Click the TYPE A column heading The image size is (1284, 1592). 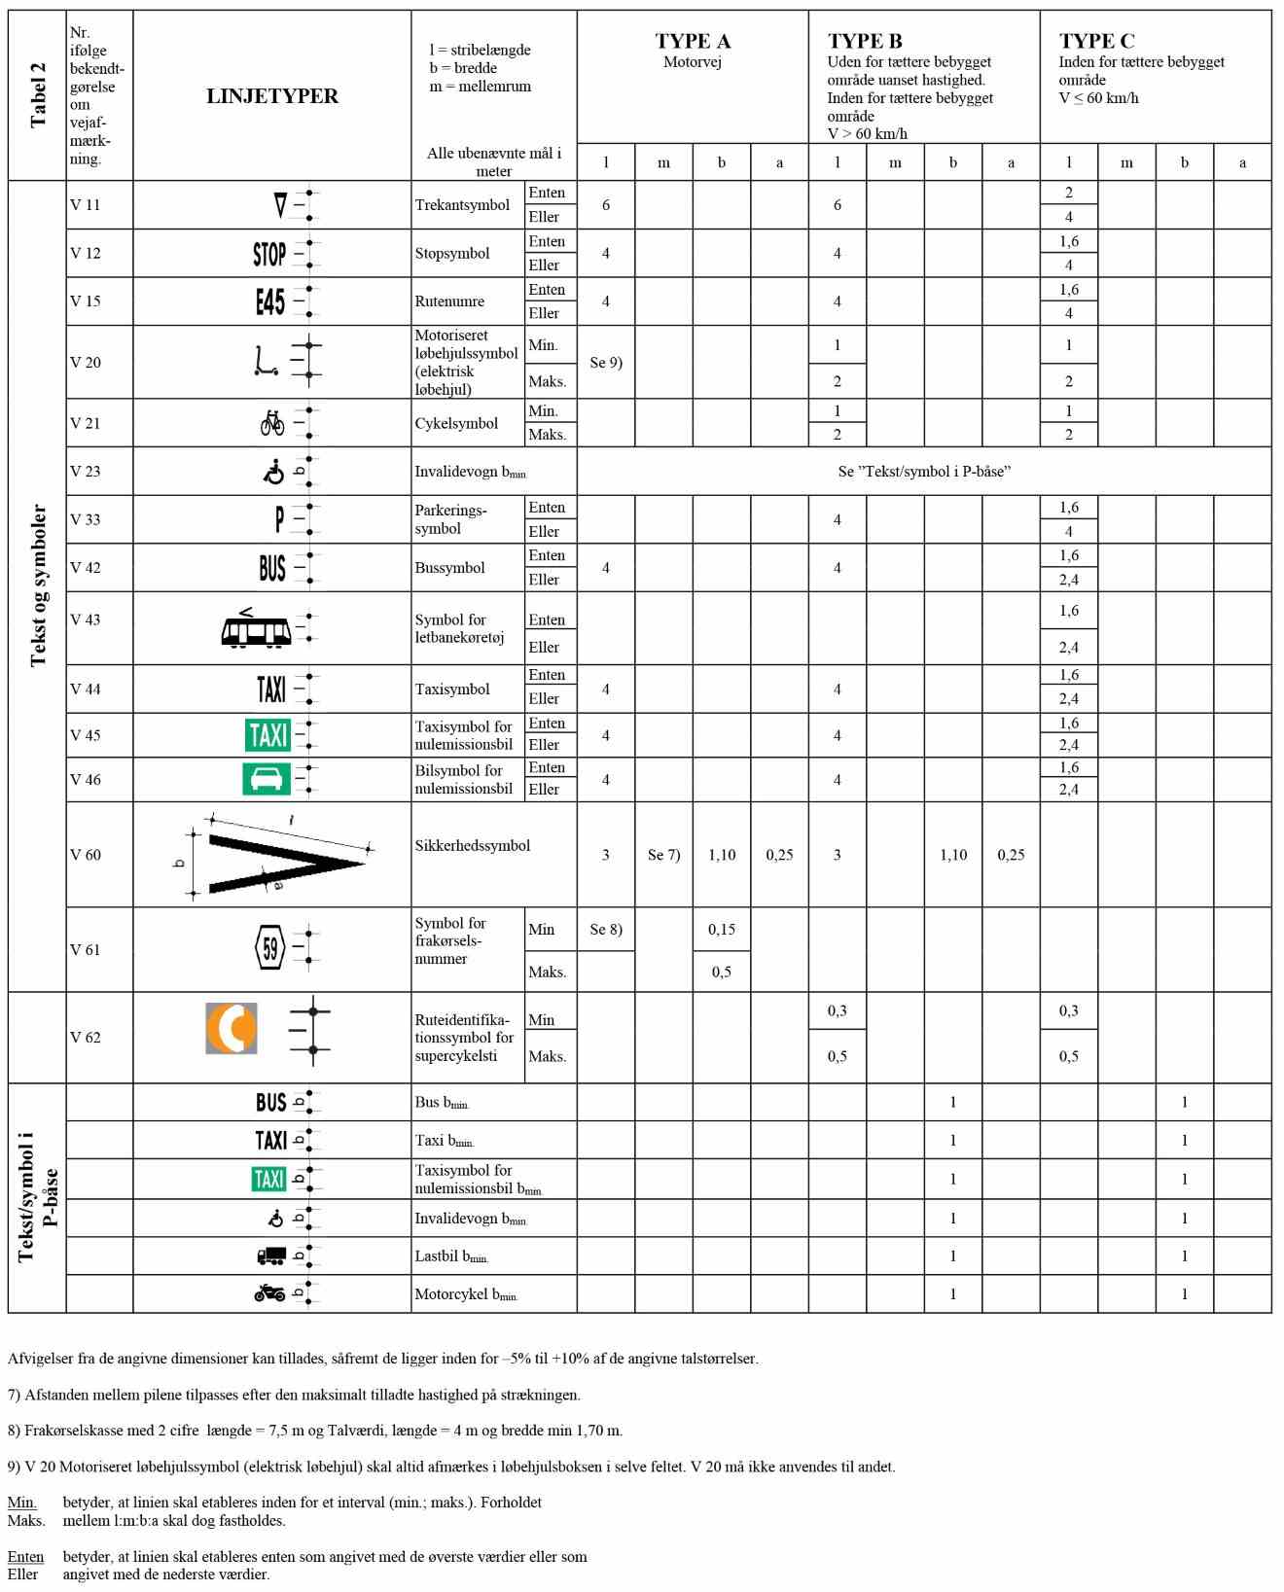pyautogui.click(x=692, y=41)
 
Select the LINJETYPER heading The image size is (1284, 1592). pyautogui.click(x=272, y=96)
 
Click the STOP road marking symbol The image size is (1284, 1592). pyautogui.click(x=269, y=254)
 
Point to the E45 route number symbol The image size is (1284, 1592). pyautogui.click(x=269, y=301)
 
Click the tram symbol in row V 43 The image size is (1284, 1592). pyautogui.click(x=256, y=629)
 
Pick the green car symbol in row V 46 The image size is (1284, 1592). pyautogui.click(x=267, y=779)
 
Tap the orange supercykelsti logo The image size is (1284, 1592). pyautogui.click(x=232, y=1028)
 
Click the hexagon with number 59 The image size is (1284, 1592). pyautogui.click(x=270, y=948)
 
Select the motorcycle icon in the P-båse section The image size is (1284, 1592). pyautogui.click(x=269, y=1292)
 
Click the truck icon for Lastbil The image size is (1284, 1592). pyautogui.click(x=271, y=1256)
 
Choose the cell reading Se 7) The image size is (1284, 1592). pyautogui.click(x=663, y=855)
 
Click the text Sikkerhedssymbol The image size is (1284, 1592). pyautogui.click(x=473, y=845)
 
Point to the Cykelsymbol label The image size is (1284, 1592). pyautogui.click(x=456, y=423)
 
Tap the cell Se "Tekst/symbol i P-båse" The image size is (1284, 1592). pyautogui.click(x=924, y=472)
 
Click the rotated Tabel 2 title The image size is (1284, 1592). pyautogui.click(x=38, y=95)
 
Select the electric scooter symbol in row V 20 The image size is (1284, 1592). pyautogui.click(x=265, y=362)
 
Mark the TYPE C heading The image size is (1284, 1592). pyautogui.click(x=1096, y=41)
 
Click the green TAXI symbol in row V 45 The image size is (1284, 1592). pyautogui.click(x=267, y=734)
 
